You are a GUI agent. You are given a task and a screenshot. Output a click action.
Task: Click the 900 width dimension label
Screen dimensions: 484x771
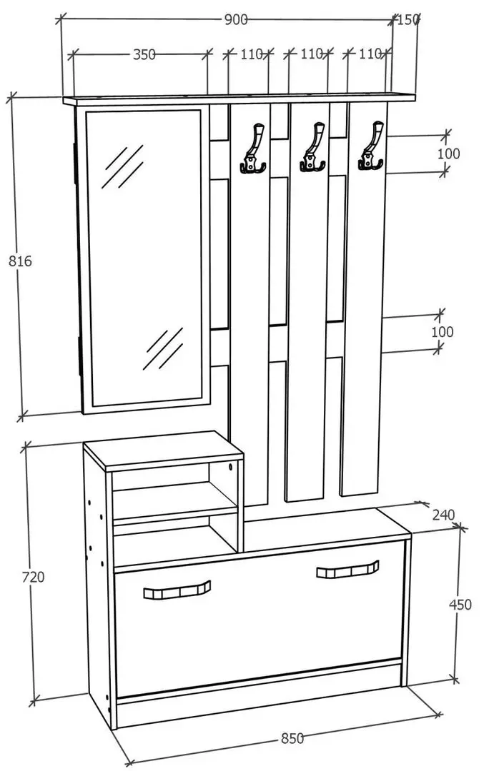[236, 20]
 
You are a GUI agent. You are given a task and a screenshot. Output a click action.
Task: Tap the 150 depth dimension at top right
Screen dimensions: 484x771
[408, 20]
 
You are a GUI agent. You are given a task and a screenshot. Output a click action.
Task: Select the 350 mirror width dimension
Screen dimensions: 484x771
[144, 54]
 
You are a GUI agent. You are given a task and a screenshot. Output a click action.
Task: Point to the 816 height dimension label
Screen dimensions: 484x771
[20, 261]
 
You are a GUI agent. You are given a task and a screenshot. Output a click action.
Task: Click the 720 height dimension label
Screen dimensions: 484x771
[33, 577]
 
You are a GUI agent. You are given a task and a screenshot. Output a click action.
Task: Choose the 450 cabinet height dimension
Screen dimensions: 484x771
[460, 605]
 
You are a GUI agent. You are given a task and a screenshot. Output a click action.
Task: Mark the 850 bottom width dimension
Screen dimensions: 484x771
[292, 738]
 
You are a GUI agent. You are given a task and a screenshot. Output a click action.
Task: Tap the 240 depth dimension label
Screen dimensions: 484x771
[444, 515]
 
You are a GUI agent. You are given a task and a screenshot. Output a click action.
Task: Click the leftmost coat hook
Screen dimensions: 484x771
[254, 148]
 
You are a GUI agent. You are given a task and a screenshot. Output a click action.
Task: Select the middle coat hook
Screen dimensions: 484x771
[312, 148]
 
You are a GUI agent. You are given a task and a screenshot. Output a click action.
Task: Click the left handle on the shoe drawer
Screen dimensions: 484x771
[177, 590]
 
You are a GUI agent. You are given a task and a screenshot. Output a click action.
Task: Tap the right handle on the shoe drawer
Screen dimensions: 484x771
[347, 570]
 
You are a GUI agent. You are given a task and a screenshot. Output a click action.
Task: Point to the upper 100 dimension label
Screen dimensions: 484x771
[448, 153]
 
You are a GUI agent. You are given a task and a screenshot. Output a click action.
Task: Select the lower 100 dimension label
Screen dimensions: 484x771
[442, 332]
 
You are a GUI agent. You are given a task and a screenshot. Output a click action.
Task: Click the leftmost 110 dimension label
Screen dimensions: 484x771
[252, 54]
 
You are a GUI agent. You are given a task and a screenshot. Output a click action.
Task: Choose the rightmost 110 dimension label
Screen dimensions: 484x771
[370, 54]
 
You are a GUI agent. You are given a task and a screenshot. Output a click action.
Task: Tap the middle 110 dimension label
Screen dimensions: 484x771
[311, 54]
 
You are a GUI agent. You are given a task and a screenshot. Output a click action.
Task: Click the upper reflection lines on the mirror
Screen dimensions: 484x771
[122, 166]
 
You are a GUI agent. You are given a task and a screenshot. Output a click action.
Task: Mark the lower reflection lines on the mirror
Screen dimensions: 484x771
[163, 349]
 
